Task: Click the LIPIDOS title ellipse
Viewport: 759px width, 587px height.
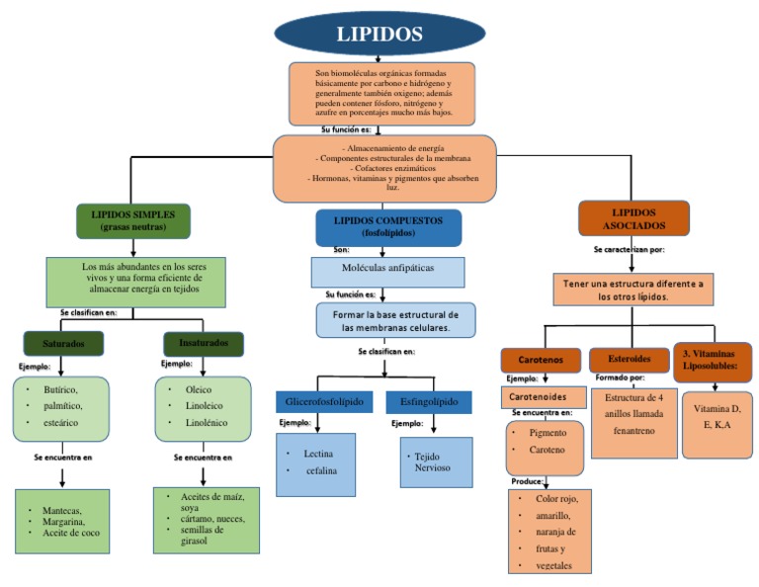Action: [x=379, y=34]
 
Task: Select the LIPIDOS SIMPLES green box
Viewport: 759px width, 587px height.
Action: [x=132, y=220]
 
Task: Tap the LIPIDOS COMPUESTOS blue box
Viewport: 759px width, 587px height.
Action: [x=388, y=227]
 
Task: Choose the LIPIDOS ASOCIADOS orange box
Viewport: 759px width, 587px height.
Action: [x=633, y=218]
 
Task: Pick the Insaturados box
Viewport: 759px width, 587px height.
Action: [x=204, y=344]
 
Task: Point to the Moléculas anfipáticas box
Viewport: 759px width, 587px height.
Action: [x=387, y=269]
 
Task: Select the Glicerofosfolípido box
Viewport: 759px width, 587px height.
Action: [x=324, y=402]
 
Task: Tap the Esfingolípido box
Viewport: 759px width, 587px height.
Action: [x=429, y=402]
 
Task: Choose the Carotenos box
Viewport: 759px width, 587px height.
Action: [x=541, y=360]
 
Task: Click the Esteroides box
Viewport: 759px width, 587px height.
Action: [x=629, y=360]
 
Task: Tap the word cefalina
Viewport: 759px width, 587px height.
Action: [x=320, y=471]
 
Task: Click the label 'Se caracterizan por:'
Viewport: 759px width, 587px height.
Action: [x=629, y=250]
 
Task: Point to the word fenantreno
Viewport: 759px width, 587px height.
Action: [x=633, y=431]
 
